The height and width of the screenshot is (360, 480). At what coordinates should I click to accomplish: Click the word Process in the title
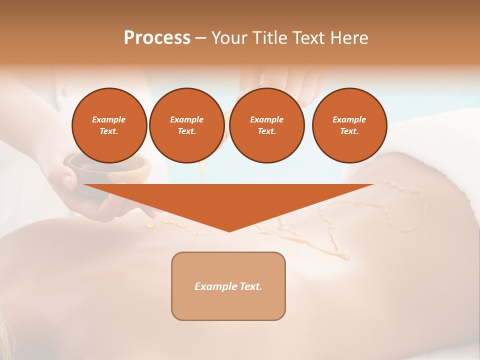click(x=157, y=38)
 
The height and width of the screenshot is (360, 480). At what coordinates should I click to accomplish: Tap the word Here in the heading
click(x=349, y=38)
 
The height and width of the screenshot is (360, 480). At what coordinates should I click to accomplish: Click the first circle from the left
click(x=109, y=125)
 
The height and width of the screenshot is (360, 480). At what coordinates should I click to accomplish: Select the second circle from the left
click(x=186, y=125)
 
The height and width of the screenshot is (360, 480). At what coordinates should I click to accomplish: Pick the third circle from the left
click(x=267, y=125)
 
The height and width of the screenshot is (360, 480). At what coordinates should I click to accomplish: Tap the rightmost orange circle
click(x=349, y=125)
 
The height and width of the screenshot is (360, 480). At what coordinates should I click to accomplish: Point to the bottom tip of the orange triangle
click(x=229, y=231)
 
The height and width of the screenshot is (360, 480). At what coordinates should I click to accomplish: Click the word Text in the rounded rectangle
click(x=251, y=286)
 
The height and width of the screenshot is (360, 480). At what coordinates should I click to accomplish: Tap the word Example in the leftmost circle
click(x=109, y=119)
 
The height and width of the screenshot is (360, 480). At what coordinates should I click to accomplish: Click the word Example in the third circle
click(x=267, y=119)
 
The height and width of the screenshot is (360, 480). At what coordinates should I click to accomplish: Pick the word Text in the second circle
click(x=186, y=131)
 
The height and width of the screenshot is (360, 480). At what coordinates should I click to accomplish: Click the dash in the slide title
click(x=201, y=38)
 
